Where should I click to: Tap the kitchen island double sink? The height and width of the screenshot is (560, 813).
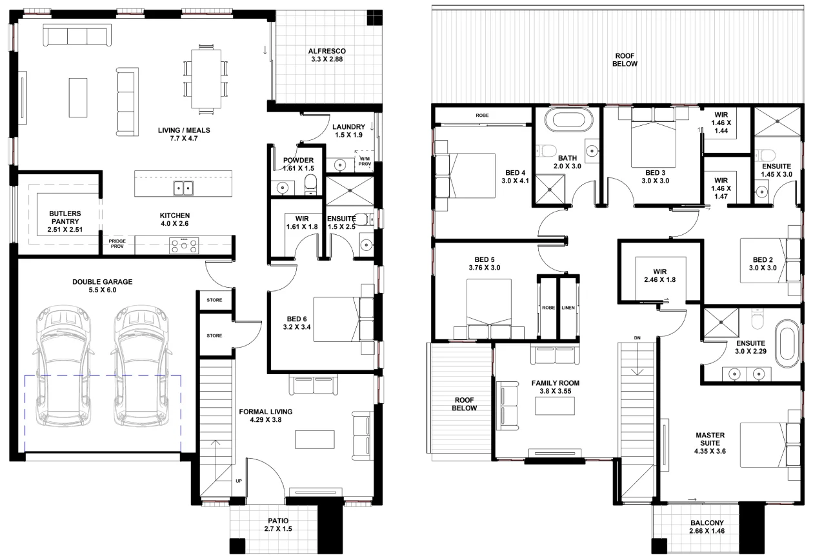(x=183, y=188)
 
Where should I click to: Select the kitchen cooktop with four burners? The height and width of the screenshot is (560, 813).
(x=184, y=245)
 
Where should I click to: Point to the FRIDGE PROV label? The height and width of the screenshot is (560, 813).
(x=117, y=243)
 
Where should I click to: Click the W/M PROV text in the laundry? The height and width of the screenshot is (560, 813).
(x=365, y=161)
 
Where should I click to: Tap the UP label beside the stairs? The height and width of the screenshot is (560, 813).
(x=239, y=481)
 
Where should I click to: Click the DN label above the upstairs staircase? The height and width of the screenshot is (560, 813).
(x=637, y=338)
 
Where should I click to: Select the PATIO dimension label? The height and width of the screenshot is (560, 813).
(x=278, y=525)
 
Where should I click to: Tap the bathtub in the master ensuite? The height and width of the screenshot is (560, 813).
(x=787, y=344)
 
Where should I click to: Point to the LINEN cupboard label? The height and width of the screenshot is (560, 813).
(x=568, y=307)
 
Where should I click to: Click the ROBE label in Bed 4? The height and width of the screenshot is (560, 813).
(x=482, y=115)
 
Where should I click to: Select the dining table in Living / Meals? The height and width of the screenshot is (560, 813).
(x=206, y=79)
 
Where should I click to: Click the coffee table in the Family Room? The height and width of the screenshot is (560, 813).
(x=555, y=406)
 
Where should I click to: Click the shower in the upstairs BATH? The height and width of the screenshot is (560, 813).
(x=550, y=189)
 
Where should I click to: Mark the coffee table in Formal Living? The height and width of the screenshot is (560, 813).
(x=315, y=439)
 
